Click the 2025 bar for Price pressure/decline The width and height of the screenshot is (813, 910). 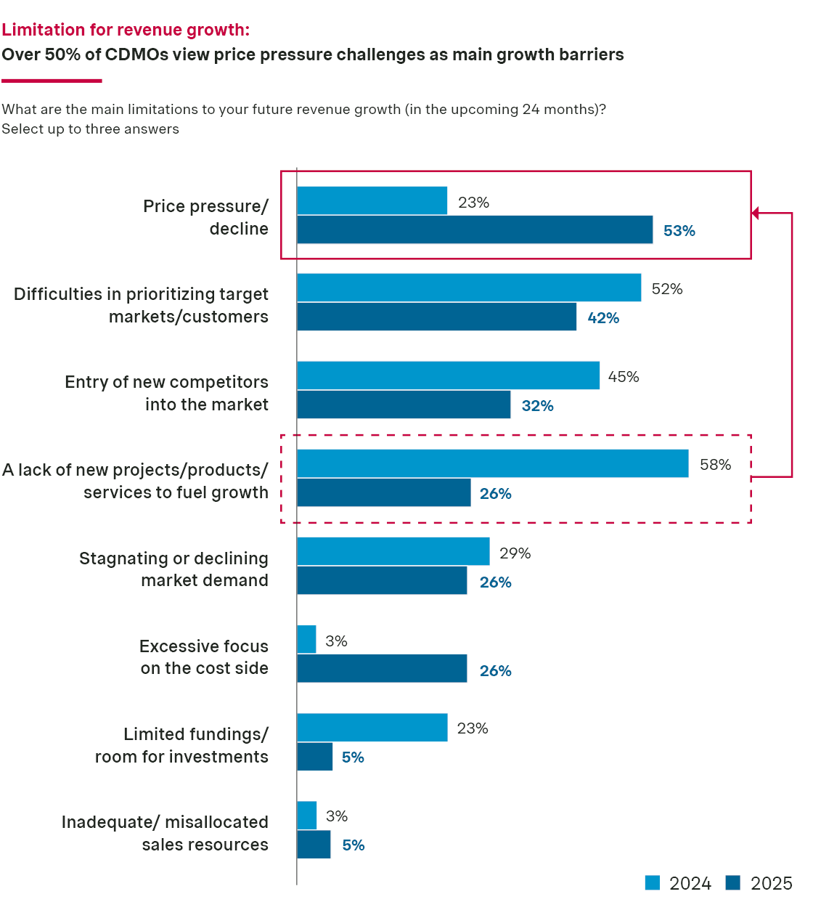click(x=475, y=229)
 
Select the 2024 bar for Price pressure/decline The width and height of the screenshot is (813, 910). click(x=372, y=200)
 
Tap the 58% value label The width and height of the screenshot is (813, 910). click(x=715, y=465)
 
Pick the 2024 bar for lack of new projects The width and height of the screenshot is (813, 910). click(x=492, y=463)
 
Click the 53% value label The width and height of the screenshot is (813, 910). click(x=679, y=231)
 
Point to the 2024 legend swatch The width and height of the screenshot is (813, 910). click(x=653, y=882)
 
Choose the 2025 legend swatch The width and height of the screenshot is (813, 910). click(x=733, y=882)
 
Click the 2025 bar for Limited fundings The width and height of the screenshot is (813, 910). click(x=314, y=757)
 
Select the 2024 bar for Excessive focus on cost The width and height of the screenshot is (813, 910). click(x=306, y=639)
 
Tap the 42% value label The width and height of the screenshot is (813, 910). click(x=603, y=318)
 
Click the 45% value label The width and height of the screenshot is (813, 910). click(x=623, y=377)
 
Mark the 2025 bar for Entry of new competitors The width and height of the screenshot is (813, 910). click(x=404, y=405)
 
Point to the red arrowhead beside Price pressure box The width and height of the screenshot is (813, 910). click(x=756, y=213)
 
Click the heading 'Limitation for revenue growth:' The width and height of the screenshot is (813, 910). click(x=126, y=30)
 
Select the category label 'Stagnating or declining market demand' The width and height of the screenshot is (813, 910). click(x=173, y=569)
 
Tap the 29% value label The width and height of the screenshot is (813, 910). click(x=515, y=553)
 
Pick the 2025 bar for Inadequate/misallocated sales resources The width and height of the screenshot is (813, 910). click(x=314, y=845)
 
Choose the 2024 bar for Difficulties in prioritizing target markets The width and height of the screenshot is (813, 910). click(x=469, y=288)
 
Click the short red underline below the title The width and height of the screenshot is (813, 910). click(x=52, y=81)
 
